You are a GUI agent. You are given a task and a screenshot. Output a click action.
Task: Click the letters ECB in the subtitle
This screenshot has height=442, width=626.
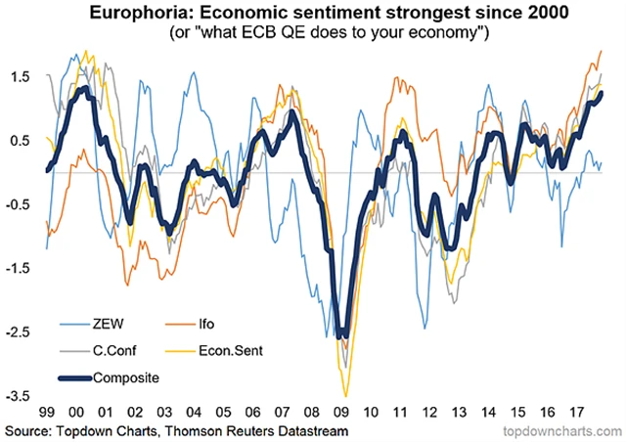273,32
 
